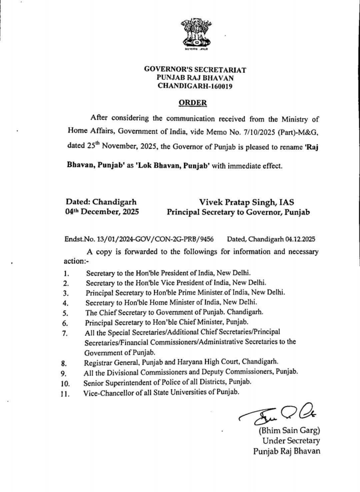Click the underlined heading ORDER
[193, 102]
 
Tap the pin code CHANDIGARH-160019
[195, 86]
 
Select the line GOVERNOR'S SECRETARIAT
[195, 70]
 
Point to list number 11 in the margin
[67, 394]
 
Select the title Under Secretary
[291, 440]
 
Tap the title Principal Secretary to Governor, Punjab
[238, 211]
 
